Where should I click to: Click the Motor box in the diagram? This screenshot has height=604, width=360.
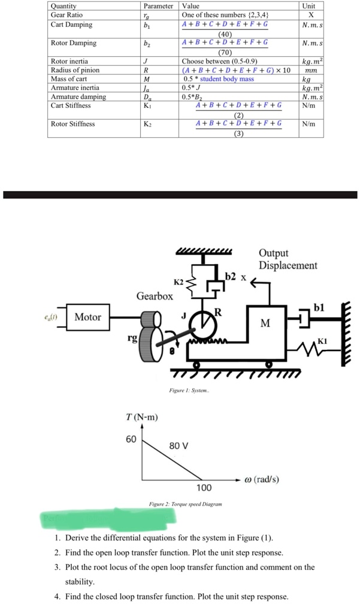[87, 317]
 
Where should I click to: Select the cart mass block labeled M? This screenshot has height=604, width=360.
[265, 324]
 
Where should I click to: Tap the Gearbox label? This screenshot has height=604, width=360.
[155, 296]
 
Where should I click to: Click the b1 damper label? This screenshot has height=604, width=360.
[319, 307]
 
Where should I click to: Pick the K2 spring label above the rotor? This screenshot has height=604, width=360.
[179, 282]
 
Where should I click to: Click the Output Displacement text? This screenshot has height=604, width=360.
[288, 259]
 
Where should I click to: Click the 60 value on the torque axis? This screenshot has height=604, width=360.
[131, 439]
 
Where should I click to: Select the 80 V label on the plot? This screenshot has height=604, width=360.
[179, 446]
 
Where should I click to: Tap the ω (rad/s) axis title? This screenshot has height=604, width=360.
[258, 479]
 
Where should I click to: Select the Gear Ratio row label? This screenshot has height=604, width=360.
[67, 15]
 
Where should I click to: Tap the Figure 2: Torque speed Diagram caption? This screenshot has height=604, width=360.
[185, 504]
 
